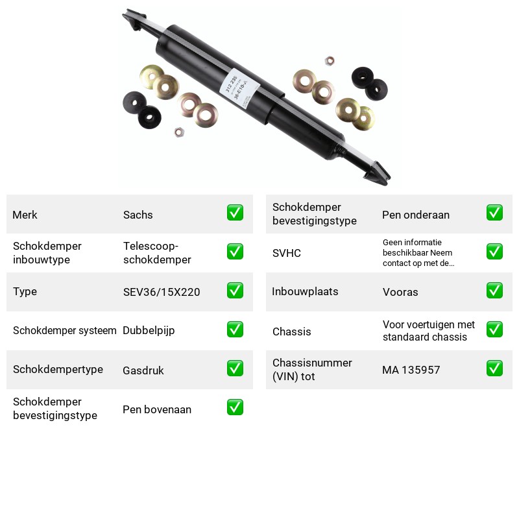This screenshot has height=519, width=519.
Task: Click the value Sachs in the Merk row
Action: coord(138,215)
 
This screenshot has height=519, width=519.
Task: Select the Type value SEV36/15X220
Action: coord(162,292)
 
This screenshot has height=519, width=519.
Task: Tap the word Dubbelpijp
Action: coord(149,331)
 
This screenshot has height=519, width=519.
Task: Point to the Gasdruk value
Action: coord(143,370)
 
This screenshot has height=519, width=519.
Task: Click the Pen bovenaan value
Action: coord(157,409)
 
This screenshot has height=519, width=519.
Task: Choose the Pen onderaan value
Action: coord(416,215)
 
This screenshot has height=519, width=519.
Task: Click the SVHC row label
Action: coord(287,253)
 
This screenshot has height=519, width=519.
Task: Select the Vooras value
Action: coord(400,292)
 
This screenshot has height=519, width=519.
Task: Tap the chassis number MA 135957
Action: coord(411,370)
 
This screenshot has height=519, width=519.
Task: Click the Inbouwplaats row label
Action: coord(305,291)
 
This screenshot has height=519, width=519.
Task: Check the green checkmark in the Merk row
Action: coord(235,213)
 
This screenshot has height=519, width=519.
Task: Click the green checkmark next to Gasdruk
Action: coord(235,368)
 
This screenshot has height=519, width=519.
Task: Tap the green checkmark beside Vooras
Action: coord(494,290)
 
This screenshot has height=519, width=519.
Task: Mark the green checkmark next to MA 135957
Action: coord(494,368)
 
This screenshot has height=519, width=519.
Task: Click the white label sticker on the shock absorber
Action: coord(239,88)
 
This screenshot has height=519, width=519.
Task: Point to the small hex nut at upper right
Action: coord(330,61)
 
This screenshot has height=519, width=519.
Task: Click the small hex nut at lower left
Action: coord(179,132)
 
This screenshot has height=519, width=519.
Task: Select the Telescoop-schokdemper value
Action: coord(157,253)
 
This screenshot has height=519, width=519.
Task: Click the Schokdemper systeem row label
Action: coord(64,330)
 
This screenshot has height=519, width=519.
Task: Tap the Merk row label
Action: coord(25,215)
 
